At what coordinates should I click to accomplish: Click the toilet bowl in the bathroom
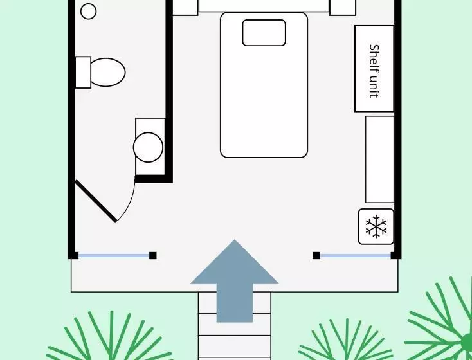107,72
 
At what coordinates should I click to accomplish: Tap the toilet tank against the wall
83,72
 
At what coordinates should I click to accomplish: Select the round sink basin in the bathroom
148,147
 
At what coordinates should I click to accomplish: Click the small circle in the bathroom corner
89,11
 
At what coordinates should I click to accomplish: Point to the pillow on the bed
264,33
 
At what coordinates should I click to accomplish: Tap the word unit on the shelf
374,86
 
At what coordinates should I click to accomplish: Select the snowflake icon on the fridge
376,226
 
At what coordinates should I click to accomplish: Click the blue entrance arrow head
235,262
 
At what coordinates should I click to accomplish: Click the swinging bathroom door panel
96,201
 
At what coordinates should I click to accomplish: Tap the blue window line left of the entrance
114,256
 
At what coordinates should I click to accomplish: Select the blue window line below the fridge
356,256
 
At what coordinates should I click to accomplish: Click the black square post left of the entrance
153,256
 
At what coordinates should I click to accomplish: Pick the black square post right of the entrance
316,256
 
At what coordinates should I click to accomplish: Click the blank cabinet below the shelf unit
379,159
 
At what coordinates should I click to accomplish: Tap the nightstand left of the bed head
185,8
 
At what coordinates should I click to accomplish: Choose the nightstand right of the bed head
343,8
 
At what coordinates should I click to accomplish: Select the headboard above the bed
264,6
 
